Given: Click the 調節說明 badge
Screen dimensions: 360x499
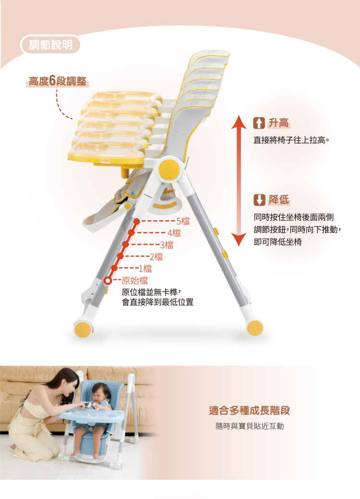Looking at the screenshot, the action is click(50, 45).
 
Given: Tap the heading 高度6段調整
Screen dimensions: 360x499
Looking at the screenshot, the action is click(58, 81).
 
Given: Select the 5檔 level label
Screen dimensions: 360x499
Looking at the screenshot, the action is click(183, 221).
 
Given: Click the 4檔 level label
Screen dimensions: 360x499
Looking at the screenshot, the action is click(174, 233).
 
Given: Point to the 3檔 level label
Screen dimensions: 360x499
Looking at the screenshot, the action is click(167, 245).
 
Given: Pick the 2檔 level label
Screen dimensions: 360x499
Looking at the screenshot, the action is click(156, 257).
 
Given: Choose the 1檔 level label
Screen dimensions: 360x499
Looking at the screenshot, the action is click(145, 269).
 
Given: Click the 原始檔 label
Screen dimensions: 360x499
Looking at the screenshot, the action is click(135, 280).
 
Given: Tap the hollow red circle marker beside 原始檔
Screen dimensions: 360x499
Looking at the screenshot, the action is click(108, 281).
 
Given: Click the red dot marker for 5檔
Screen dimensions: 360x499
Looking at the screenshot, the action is click(136, 221).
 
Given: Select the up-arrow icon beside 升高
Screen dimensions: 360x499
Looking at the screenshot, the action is click(259, 123).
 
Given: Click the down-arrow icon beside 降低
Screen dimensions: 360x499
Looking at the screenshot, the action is click(259, 200).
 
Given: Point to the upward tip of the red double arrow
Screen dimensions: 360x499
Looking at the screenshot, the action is click(239, 116).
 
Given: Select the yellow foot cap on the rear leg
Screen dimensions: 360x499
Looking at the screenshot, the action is click(255, 328).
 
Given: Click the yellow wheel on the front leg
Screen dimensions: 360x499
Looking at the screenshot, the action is click(83, 330).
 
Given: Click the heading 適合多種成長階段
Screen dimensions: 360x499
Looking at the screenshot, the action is click(250, 411).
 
